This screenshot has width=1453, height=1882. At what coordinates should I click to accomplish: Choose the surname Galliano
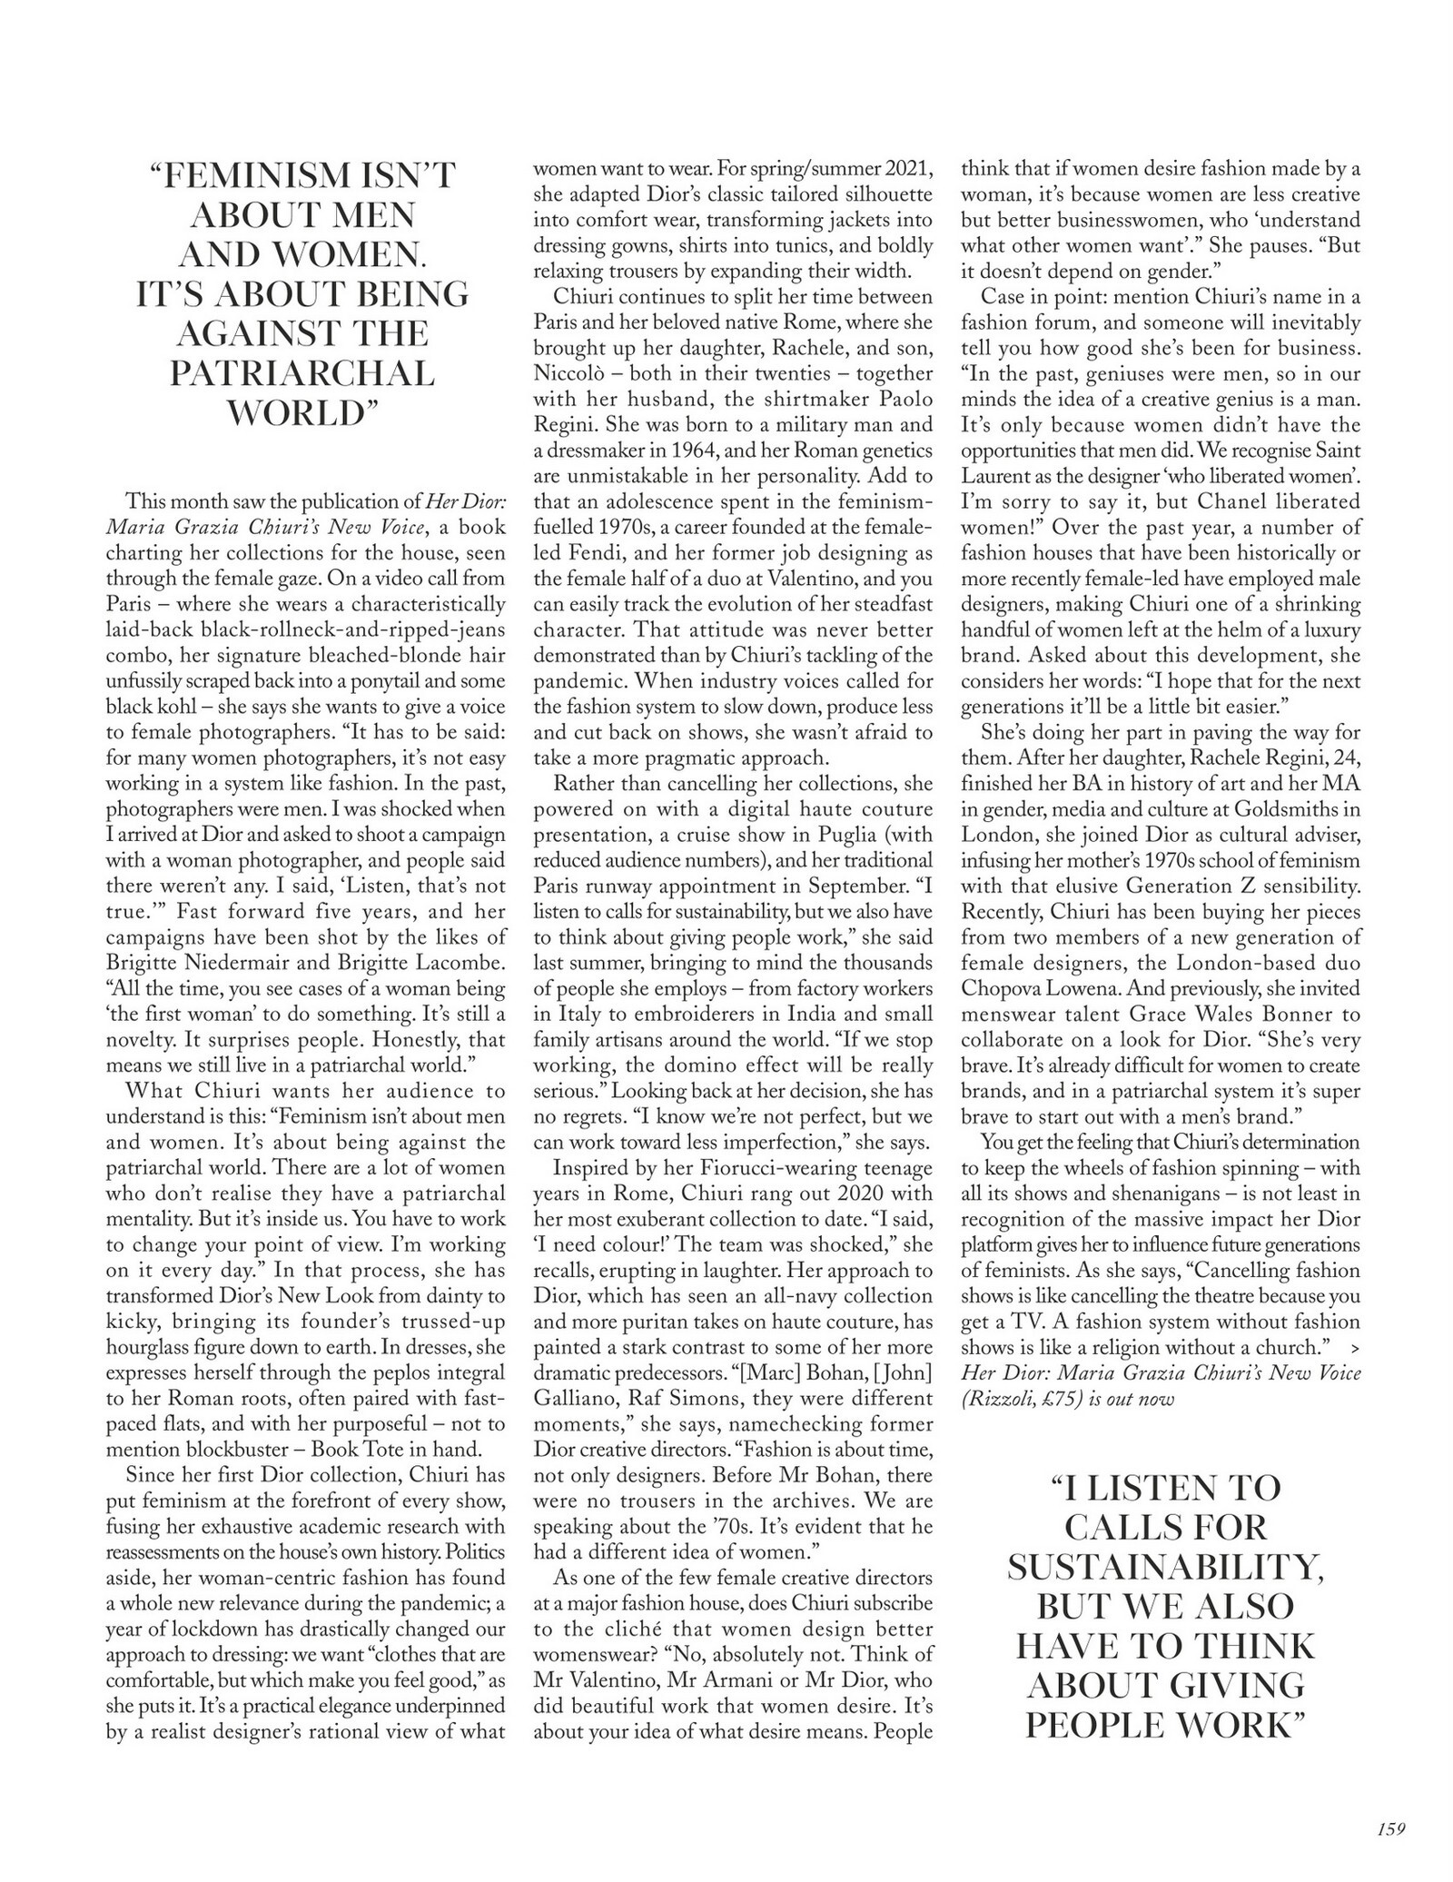click(574, 1400)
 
